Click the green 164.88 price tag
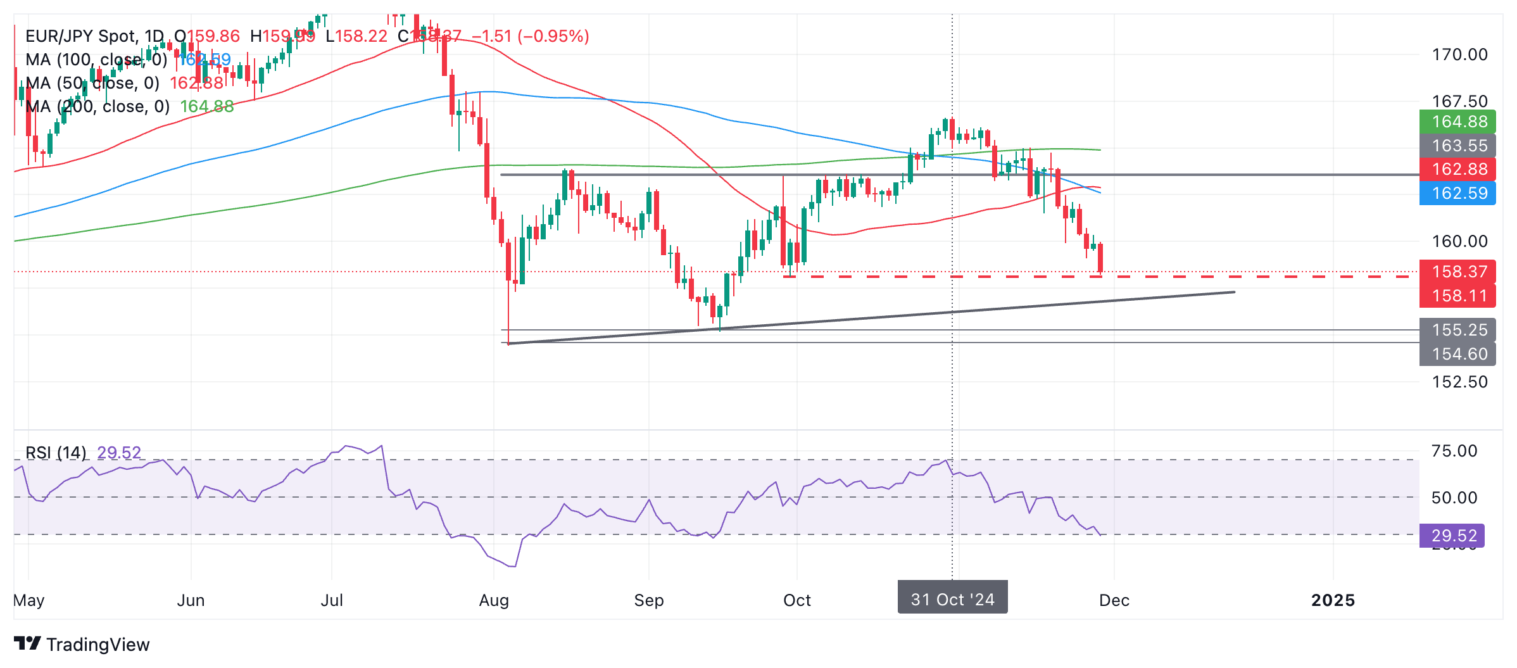click(x=1457, y=122)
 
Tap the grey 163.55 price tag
click(x=1457, y=146)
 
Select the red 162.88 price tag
click(x=1457, y=169)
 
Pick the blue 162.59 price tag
click(x=1457, y=193)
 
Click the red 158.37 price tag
click(x=1457, y=272)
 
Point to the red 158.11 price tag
click(x=1457, y=296)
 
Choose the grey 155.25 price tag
click(x=1457, y=330)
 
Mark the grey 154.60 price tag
click(x=1457, y=354)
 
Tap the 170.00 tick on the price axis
click(x=1460, y=54)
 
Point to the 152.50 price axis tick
click(x=1460, y=382)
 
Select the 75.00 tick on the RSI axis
click(x=1454, y=451)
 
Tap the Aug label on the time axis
click(x=494, y=600)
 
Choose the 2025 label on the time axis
click(x=1333, y=600)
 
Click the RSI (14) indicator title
click(x=56, y=453)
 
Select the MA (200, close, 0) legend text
click(x=98, y=106)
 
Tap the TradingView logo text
click(x=98, y=645)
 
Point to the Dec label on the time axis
click(x=1114, y=600)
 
